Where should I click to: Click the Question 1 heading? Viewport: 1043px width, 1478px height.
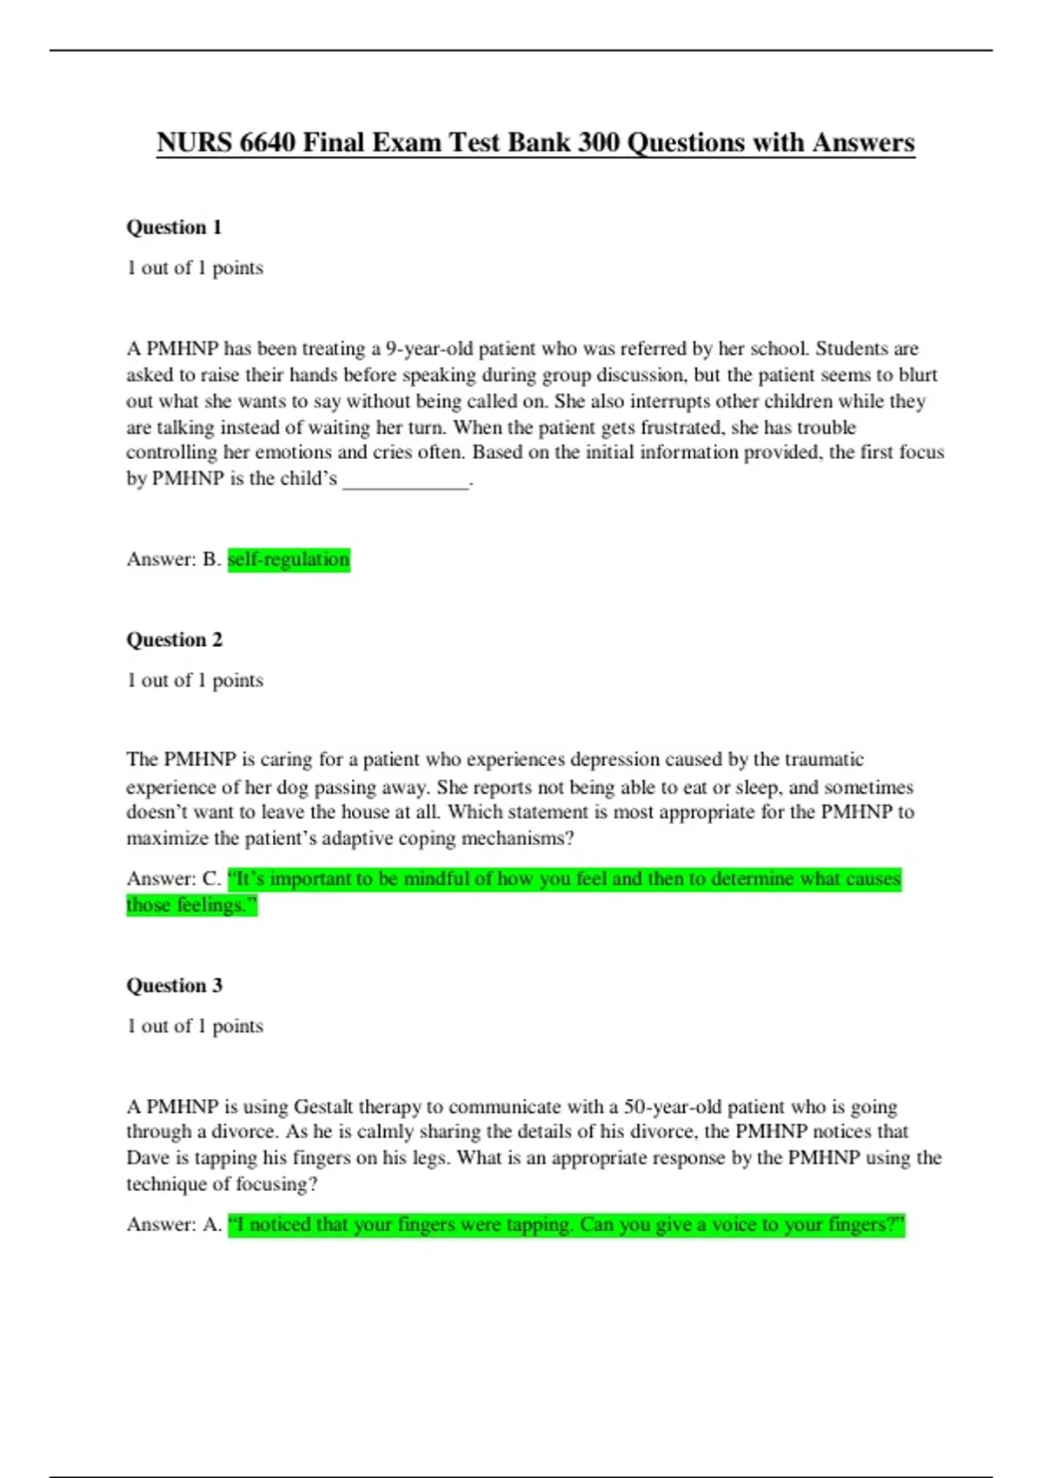174,228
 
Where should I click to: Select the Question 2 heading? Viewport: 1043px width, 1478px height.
174,640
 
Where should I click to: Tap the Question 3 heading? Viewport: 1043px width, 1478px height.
174,986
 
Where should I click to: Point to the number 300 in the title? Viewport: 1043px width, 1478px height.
598,143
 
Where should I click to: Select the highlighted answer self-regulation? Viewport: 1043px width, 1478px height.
289,559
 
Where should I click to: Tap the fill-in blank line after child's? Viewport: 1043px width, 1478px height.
405,479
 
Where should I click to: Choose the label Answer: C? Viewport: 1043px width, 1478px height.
174,879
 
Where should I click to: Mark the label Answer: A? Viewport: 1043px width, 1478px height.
174,1225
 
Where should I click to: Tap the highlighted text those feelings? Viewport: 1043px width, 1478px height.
191,905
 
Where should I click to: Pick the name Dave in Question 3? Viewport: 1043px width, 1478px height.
148,1158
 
